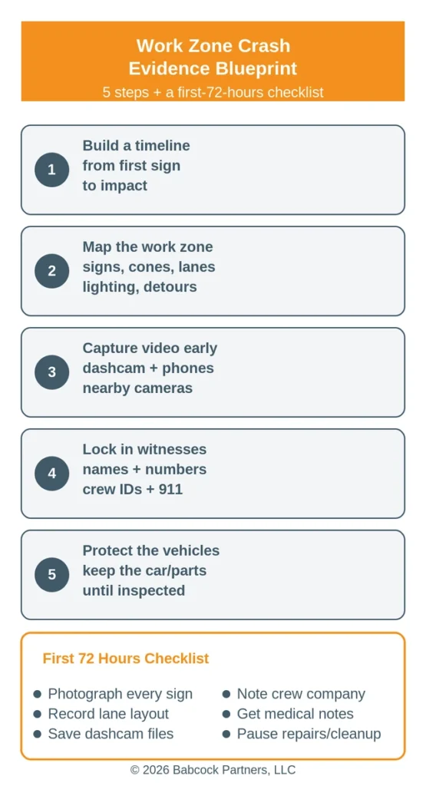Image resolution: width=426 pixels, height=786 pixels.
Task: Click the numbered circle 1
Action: pos(51,170)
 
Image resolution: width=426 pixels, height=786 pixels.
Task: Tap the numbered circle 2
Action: pos(51,271)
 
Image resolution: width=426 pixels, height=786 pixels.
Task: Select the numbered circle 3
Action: pos(51,372)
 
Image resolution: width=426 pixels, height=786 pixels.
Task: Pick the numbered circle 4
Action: pos(51,474)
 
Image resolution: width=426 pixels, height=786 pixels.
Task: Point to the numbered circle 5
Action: pos(51,575)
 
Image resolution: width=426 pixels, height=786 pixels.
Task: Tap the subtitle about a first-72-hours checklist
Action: pos(213,92)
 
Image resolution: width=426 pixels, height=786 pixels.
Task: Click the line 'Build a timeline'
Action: pos(137,145)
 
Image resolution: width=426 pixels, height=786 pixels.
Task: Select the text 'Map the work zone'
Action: pos(148,246)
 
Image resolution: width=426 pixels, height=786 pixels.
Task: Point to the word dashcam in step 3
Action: pos(110,368)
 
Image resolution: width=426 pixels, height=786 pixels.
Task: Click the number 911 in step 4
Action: pos(170,489)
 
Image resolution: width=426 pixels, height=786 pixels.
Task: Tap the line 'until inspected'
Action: pos(134,590)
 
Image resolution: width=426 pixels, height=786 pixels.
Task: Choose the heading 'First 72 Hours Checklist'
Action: pos(126,658)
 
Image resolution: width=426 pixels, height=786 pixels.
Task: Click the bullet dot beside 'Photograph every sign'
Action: pos(37,694)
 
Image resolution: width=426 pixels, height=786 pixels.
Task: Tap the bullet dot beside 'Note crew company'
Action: pos(226,694)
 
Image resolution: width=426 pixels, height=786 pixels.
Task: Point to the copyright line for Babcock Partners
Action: pos(213,769)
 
